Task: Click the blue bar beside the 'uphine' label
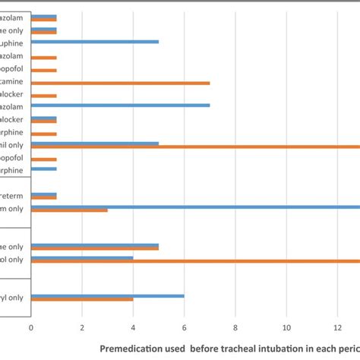[x=94, y=42]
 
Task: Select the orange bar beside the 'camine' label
[x=120, y=83]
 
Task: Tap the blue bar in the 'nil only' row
[x=94, y=142]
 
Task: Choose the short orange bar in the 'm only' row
[x=69, y=210]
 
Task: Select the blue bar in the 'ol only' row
[x=82, y=257]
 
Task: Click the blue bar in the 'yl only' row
[x=107, y=296]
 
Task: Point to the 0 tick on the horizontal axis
[x=31, y=329]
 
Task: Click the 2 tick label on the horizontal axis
[x=82, y=329]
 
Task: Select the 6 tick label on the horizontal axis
[x=185, y=329]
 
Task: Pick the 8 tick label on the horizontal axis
[x=235, y=329]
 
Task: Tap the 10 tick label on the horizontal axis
[x=286, y=329]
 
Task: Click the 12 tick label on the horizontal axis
[x=338, y=329]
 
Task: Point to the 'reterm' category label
[x=15, y=195]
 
